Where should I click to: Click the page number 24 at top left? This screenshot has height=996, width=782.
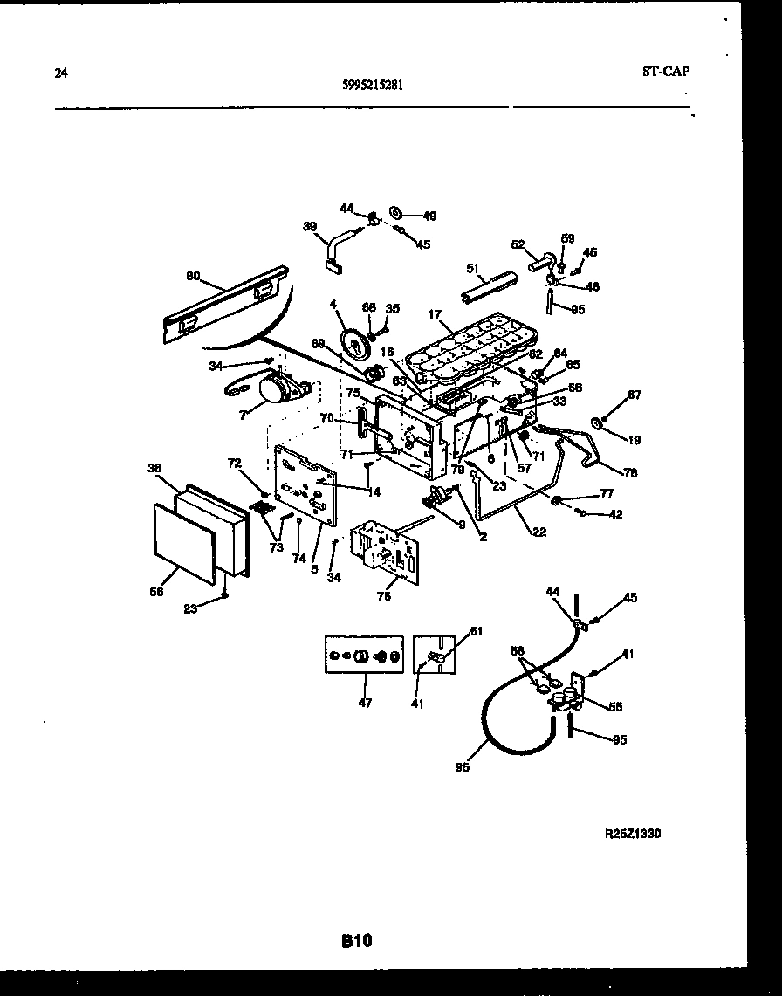point(60,73)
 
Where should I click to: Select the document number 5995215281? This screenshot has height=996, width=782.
point(373,86)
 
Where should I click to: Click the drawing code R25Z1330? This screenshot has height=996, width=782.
point(633,834)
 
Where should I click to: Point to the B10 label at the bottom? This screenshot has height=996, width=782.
point(356,941)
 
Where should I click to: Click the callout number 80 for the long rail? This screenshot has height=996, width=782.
point(193,277)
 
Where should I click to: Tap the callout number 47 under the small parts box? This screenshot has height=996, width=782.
point(364,703)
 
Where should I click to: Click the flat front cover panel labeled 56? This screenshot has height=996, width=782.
point(183,543)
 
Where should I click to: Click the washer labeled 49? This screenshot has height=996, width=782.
point(396,212)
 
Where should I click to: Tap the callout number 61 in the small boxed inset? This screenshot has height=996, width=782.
point(476,631)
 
